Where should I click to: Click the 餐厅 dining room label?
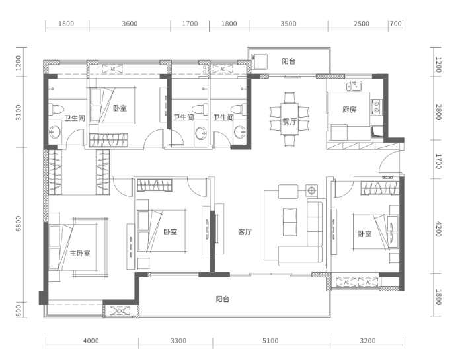(x=289, y=121)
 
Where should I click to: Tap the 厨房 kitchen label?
(x=349, y=110)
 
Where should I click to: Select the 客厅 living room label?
(x=245, y=232)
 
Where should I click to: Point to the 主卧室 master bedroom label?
(x=80, y=254)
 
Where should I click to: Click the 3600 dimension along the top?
(x=130, y=24)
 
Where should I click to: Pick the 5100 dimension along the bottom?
(x=270, y=341)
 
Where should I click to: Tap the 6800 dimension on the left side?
(x=19, y=224)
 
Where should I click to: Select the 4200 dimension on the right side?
(x=438, y=228)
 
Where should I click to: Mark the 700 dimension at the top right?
(x=395, y=24)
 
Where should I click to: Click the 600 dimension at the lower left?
(x=19, y=310)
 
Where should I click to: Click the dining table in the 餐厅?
(x=289, y=118)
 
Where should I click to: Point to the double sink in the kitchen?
(x=354, y=87)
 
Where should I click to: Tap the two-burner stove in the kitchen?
(x=376, y=107)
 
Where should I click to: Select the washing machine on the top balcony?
(x=259, y=61)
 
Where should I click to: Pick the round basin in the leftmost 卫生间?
(x=55, y=132)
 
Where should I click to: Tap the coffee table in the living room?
(x=290, y=222)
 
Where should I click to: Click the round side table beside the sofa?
(x=311, y=190)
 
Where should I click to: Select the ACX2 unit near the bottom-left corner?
(x=120, y=310)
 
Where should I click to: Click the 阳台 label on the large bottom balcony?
(x=222, y=299)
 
